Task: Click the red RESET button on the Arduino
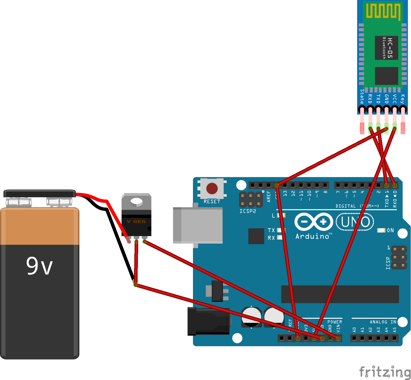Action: [212, 189]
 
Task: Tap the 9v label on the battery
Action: [39, 266]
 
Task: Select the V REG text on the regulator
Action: [136, 221]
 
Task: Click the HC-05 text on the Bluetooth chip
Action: [390, 48]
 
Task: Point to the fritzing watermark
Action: [385, 372]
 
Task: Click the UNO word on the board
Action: [355, 222]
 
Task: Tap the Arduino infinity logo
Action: [313, 222]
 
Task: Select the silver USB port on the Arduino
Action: [198, 225]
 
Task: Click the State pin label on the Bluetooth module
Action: [362, 96]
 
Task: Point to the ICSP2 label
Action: [248, 211]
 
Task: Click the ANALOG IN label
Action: [383, 322]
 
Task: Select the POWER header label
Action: [335, 322]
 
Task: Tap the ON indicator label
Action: [390, 230]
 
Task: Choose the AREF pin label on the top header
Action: [269, 197]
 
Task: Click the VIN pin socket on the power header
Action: [338, 338]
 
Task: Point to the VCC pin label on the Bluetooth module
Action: [395, 99]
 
